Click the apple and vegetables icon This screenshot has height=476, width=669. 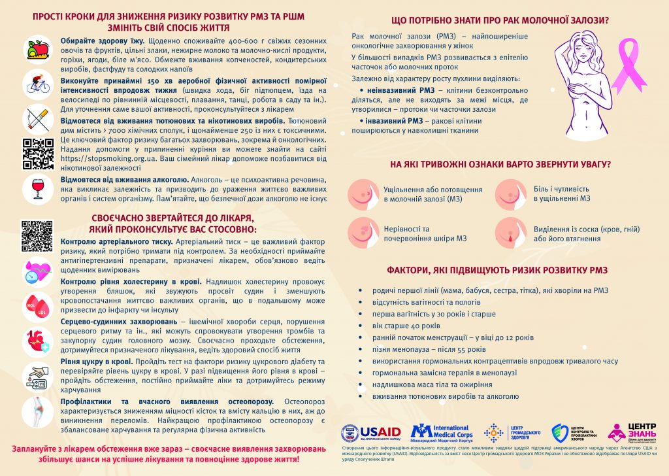tap(37, 49)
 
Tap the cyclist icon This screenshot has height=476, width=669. tap(37, 83)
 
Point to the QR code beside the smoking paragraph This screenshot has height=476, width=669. tap(37, 153)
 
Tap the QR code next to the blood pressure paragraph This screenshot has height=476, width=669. tap(37, 236)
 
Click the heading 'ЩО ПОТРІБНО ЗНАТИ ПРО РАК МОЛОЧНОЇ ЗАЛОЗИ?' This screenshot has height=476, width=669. tap(500, 20)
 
